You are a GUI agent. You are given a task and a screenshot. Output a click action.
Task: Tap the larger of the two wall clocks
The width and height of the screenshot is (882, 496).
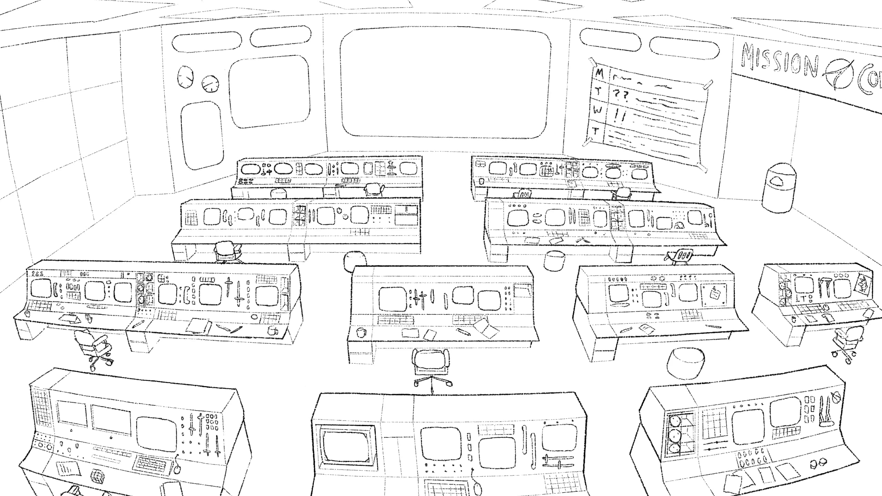pyautogui.click(x=185, y=77)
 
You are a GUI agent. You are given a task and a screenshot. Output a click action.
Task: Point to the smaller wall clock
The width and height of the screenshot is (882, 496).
pyautogui.click(x=210, y=84)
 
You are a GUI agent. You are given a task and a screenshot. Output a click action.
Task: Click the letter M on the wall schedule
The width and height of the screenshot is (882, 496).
pyautogui.click(x=600, y=73)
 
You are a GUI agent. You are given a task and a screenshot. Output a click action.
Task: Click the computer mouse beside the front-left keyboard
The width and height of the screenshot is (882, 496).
pyautogui.click(x=178, y=469)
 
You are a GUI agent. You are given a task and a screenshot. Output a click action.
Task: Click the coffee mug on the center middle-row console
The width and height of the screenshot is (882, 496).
pyautogui.click(x=361, y=332)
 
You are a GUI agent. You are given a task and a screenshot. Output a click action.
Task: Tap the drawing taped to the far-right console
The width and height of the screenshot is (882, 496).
pyautogui.click(x=864, y=285)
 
